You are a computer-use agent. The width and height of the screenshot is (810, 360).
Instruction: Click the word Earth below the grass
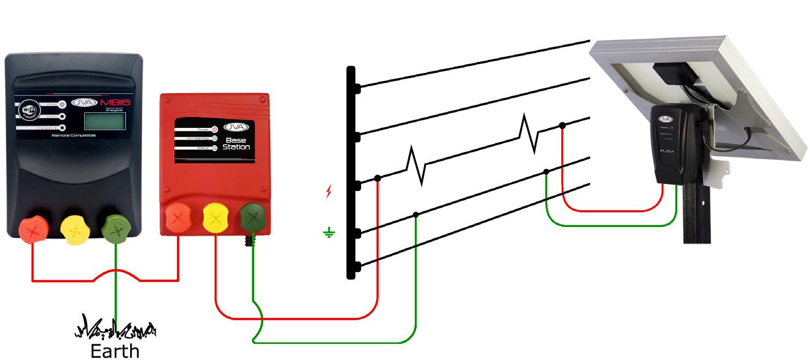(x=115, y=351)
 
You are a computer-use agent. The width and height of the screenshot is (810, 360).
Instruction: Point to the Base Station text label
(x=237, y=143)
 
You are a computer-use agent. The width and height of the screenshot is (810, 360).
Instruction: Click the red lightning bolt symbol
(x=329, y=192)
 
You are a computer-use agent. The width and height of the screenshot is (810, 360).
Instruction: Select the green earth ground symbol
(x=329, y=233)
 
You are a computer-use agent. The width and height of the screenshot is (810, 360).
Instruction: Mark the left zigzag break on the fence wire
(x=417, y=166)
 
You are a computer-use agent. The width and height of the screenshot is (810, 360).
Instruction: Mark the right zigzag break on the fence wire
(x=530, y=133)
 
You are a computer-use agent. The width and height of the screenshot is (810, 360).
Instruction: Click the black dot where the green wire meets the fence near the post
(x=416, y=215)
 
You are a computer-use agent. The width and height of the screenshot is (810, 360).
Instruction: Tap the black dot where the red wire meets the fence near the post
(x=377, y=178)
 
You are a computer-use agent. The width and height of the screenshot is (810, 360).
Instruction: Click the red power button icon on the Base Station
(x=214, y=129)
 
